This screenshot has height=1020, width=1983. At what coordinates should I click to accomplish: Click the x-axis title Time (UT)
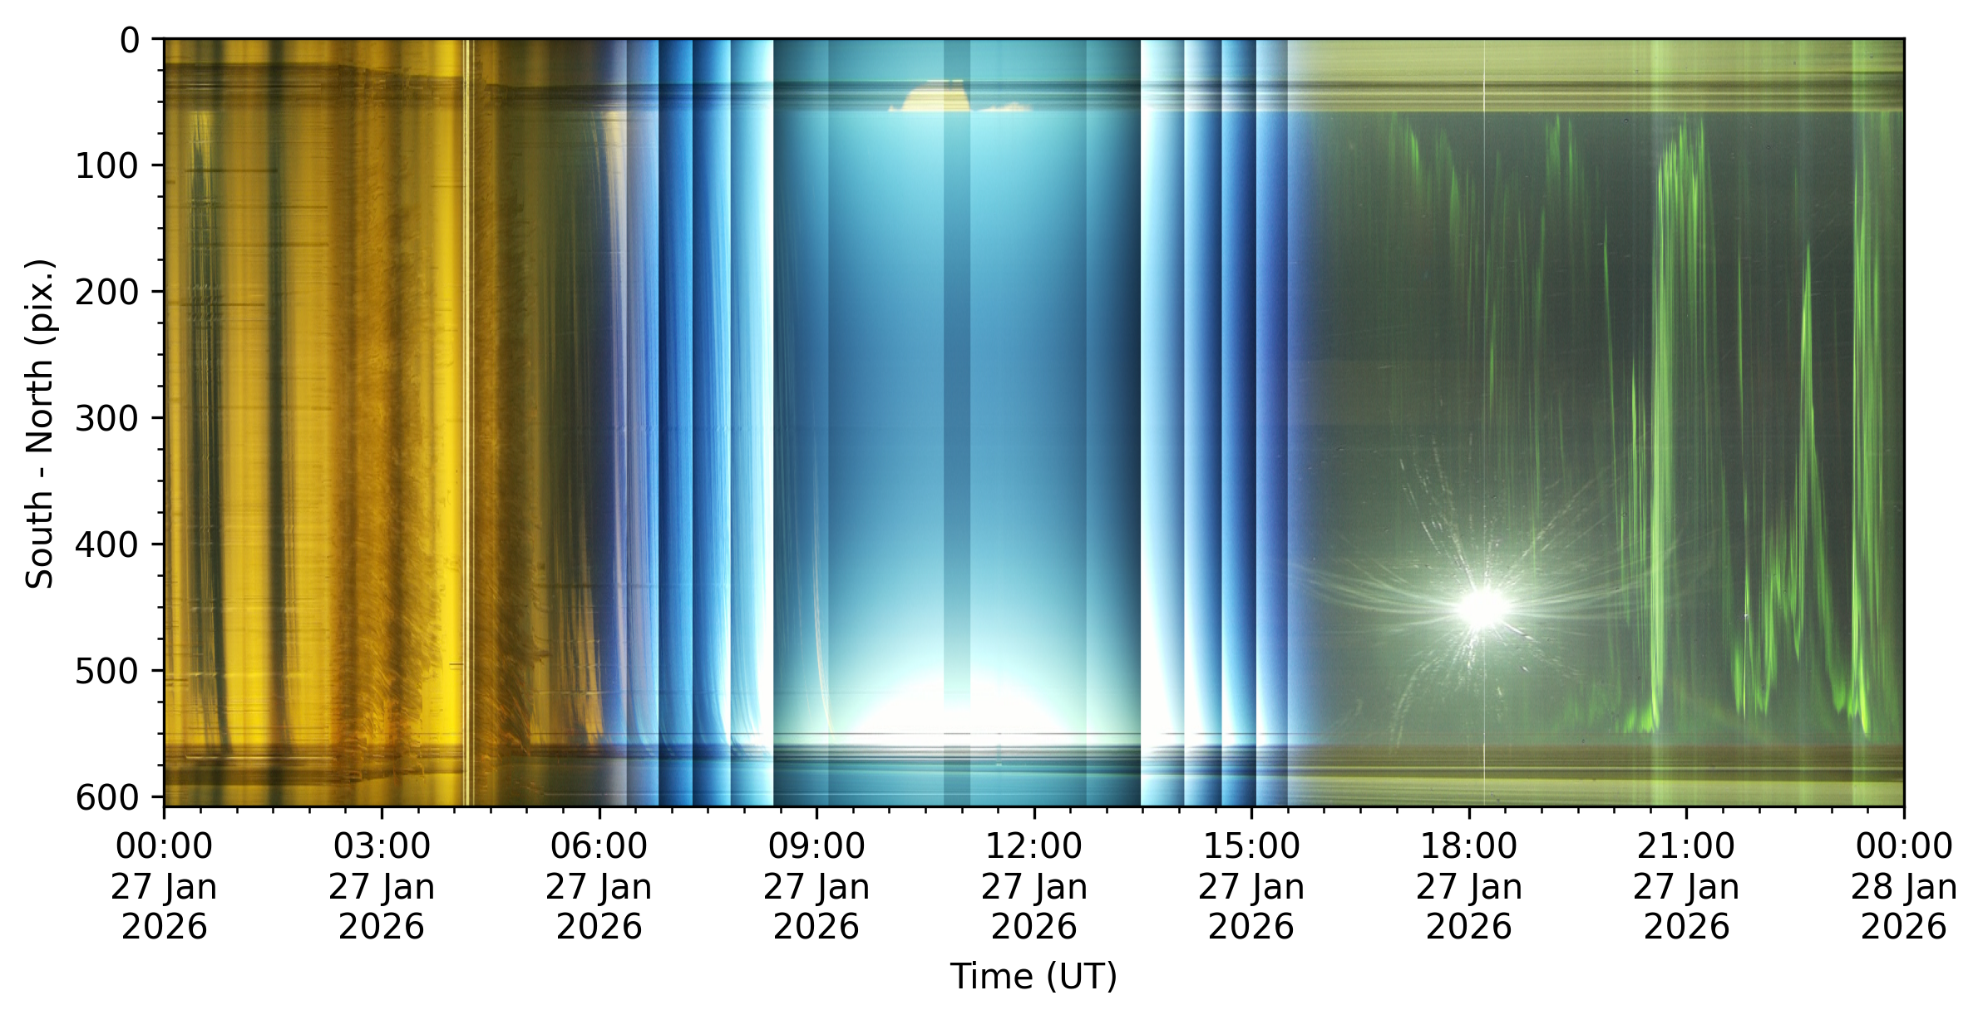1033,976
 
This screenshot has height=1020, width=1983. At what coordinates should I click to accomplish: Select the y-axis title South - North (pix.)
40,423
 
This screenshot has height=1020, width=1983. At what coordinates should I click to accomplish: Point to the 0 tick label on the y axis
130,40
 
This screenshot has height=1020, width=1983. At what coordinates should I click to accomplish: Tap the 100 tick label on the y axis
108,166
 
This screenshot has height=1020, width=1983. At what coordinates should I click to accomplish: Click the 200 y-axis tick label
108,292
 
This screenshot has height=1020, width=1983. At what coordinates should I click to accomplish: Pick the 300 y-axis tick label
108,418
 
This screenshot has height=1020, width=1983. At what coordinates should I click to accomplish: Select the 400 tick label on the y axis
108,544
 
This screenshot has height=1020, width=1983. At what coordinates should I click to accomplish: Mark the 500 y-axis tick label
108,671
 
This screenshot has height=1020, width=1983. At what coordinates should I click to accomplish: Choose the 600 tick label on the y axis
108,797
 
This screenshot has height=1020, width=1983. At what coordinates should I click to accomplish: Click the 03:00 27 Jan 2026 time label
382,886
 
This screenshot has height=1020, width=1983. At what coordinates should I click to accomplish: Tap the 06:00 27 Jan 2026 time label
599,886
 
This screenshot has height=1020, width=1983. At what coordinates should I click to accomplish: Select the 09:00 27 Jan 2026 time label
816,886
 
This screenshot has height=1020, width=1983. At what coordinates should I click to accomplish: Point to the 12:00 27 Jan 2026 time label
1034,886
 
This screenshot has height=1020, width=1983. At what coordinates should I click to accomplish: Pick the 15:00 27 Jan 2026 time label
1251,886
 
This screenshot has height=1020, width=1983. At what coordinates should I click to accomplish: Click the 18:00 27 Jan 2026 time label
1469,886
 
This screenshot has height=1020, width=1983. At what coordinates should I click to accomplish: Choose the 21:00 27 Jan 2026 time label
1686,886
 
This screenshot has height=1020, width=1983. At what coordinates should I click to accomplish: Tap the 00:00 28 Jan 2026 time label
1904,886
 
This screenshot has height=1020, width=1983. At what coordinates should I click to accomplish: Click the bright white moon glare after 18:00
1482,607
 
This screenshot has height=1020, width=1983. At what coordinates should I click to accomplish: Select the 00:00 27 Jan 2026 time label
164,886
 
